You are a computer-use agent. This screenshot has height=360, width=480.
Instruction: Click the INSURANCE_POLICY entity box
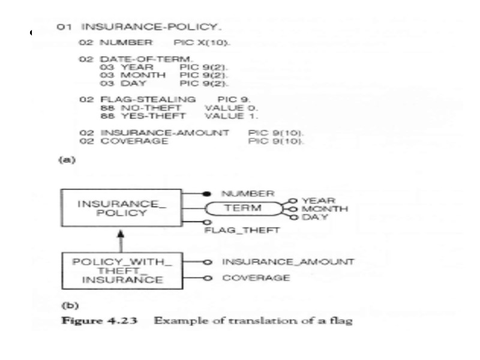120,208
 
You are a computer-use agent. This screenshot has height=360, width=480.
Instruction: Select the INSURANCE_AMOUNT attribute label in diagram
287,262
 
